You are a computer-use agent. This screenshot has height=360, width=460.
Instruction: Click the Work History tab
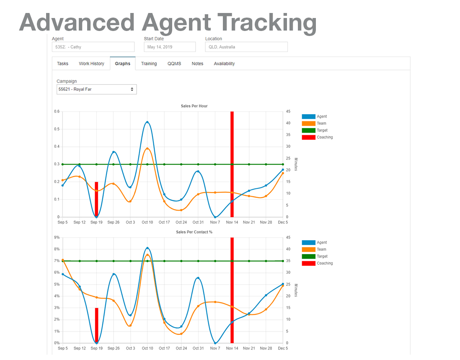91,64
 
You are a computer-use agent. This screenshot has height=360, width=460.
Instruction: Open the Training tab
149,64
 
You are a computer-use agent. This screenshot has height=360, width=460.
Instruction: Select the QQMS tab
174,64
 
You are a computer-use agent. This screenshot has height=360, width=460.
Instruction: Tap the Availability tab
224,64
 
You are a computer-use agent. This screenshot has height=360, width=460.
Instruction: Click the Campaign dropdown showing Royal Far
96,89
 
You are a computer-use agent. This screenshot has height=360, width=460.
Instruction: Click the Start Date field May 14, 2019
169,47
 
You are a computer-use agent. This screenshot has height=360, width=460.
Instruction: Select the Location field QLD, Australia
246,47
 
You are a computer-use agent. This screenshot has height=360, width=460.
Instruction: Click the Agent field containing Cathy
93,47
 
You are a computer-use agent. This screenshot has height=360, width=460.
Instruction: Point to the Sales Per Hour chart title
194,106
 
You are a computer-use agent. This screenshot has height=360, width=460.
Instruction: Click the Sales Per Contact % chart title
194,232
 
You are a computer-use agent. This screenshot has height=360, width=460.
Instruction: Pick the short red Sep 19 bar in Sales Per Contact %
96,326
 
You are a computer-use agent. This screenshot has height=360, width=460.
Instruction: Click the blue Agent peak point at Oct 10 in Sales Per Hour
147,122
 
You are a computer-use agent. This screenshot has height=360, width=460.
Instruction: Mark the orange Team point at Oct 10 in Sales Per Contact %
147,255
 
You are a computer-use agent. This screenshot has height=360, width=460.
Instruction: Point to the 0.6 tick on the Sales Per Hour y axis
57,111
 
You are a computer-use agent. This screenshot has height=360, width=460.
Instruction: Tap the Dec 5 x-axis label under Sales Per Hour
283,222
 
